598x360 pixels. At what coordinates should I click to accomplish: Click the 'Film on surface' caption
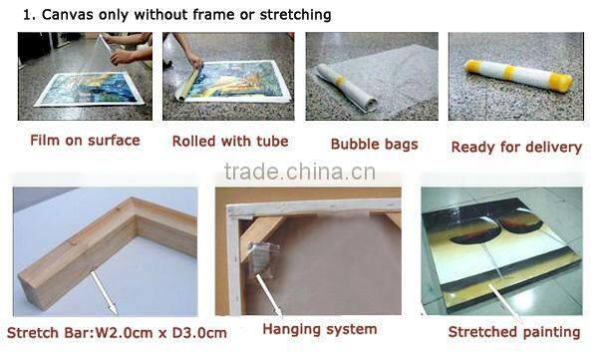[85, 141]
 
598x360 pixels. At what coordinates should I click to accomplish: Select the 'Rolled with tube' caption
[230, 142]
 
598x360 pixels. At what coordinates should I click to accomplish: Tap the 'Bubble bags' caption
[374, 145]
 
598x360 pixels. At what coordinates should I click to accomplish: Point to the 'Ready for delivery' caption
[516, 147]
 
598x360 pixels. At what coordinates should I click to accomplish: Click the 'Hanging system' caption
[320, 329]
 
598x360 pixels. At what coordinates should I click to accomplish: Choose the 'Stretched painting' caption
[514, 332]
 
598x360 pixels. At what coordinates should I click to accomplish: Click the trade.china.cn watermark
[300, 172]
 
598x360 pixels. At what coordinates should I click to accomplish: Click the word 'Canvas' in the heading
[68, 15]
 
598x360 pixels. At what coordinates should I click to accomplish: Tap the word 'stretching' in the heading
[295, 15]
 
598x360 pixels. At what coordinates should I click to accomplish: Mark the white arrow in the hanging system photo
[269, 295]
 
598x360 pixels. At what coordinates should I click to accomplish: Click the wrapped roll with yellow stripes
[518, 75]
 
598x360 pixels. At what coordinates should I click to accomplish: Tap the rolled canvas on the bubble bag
[347, 88]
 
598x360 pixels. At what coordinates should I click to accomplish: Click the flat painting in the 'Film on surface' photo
[89, 89]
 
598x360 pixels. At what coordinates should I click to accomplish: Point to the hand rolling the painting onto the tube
[195, 61]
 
